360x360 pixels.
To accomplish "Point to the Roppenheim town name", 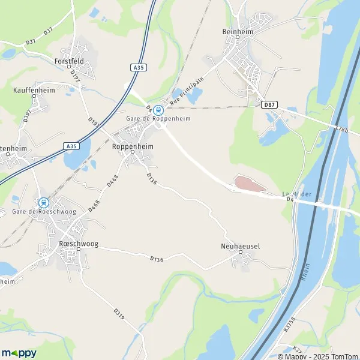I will tap(133, 146).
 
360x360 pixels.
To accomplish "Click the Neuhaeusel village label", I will tap(239, 246).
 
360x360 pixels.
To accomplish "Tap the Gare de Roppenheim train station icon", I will tap(158, 110).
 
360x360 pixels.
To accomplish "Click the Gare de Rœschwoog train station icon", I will tap(43, 203).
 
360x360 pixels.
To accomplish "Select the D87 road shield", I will tap(269, 104).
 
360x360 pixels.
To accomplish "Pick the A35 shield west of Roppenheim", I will tap(71, 146).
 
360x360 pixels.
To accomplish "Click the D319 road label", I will tap(118, 314).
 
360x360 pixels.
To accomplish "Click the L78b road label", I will tap(341, 128).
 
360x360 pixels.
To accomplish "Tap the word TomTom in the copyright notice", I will tap(343, 355).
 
